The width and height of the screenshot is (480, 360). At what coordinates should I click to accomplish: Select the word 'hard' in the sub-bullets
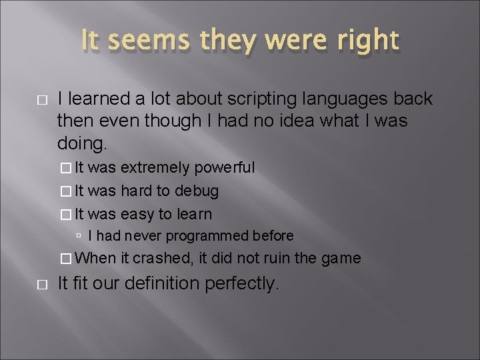[x=137, y=191]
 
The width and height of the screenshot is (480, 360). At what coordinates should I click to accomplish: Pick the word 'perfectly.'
[x=241, y=283]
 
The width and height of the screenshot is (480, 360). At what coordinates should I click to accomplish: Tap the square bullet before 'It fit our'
[x=41, y=284]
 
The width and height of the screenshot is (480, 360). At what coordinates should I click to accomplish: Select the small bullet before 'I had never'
[x=79, y=236]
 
